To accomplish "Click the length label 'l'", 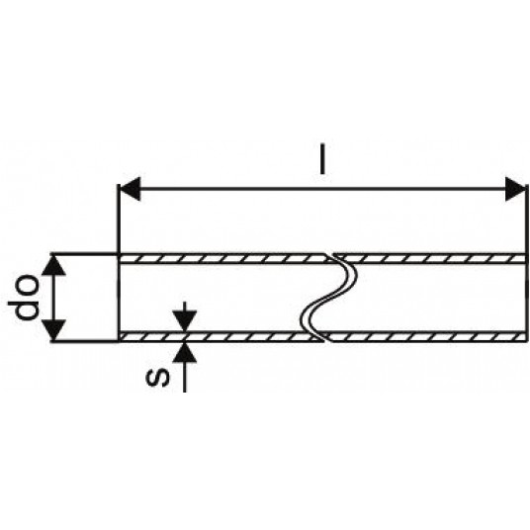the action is [x=323, y=159].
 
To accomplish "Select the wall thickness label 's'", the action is [x=157, y=378].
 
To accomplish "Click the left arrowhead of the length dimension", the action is [x=130, y=189].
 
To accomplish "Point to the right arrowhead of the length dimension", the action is [x=516, y=189].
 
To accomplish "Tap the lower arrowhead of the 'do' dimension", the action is [x=53, y=330].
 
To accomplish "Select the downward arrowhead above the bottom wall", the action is [x=184, y=322].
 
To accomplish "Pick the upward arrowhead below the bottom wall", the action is [x=184, y=352].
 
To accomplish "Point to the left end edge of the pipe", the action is [x=119, y=298].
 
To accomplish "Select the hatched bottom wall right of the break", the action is [x=426, y=336].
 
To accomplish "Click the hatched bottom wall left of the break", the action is [x=220, y=336].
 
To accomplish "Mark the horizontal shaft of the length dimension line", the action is [x=322, y=189].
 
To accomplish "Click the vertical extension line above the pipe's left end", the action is [x=118, y=220].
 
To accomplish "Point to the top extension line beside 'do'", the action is [x=84, y=253].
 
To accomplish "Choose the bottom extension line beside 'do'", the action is [x=84, y=341].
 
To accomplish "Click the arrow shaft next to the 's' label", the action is [x=184, y=377].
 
